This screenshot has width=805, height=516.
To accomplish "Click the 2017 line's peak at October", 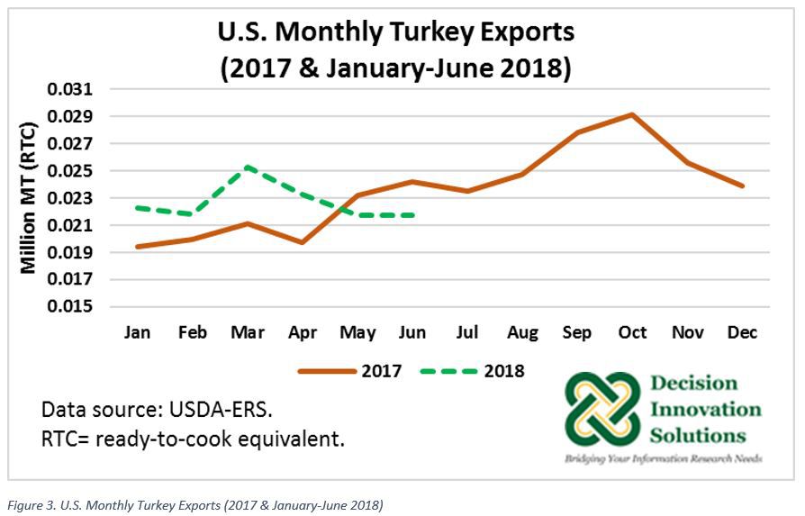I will coord(633,114).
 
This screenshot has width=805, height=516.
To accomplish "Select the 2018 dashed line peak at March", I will coord(247,167).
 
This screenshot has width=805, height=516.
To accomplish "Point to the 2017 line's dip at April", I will coord(302,242).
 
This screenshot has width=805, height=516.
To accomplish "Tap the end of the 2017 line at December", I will coord(742,186).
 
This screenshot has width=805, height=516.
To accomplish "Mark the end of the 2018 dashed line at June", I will coord(412,215).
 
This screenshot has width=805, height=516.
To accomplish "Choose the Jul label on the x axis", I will coord(466,333).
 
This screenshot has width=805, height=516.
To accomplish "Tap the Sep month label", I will coord(576,333).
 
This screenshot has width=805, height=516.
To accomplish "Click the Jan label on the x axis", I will coord(137,333).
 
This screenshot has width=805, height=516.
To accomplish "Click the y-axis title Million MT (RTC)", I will coord(28,199).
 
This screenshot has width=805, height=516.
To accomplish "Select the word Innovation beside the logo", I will coord(705,411).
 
